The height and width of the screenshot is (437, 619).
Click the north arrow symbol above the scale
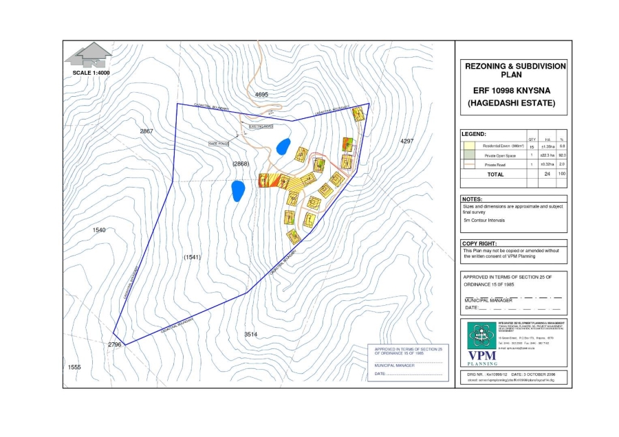pyautogui.click(x=92, y=54)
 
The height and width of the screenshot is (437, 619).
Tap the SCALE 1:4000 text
pyautogui.click(x=91, y=72)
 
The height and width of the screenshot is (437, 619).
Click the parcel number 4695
pyautogui.click(x=261, y=93)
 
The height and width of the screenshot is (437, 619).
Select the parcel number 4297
pyautogui.click(x=406, y=141)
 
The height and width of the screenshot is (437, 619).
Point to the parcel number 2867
pyautogui.click(x=146, y=131)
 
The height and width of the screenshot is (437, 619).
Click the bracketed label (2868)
pyautogui.click(x=240, y=164)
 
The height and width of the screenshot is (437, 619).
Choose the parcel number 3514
pyautogui.click(x=251, y=334)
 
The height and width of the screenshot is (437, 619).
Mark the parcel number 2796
pyautogui.click(x=114, y=344)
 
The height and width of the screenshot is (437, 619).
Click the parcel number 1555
pyautogui.click(x=74, y=368)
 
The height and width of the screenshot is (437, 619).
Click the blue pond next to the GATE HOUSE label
pyautogui.click(x=281, y=146)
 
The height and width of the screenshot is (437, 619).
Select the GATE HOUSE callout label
pyautogui.click(x=217, y=143)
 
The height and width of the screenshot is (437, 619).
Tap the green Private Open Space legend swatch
pyautogui.click(x=470, y=156)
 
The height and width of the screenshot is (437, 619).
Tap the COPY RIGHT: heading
pyautogui.click(x=479, y=243)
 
